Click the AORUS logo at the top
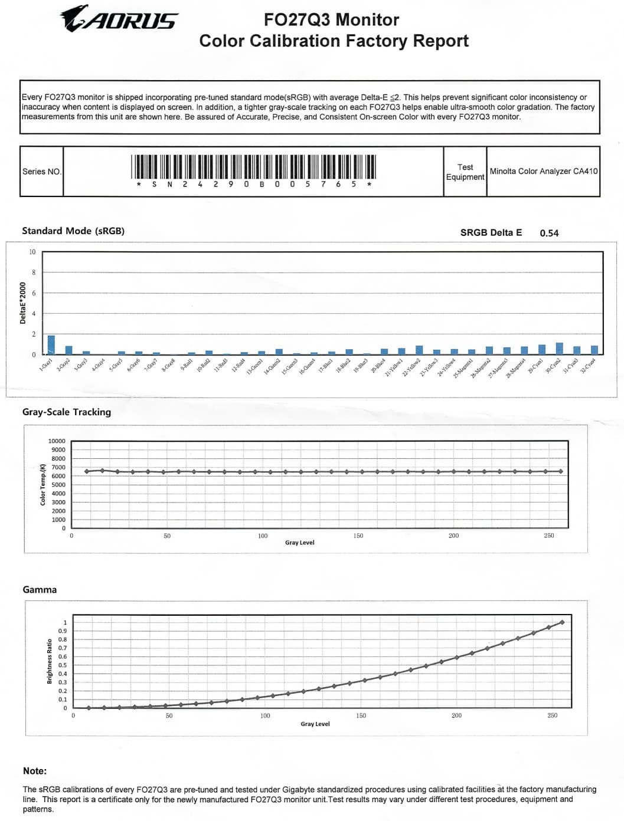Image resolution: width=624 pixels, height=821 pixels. click(x=119, y=19)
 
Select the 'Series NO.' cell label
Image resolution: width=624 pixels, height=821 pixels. click(x=41, y=172)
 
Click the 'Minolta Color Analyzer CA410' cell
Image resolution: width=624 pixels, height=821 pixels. click(x=543, y=171)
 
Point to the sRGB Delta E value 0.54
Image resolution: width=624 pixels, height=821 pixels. click(x=549, y=233)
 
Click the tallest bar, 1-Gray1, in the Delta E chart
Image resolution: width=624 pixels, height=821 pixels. click(x=51, y=345)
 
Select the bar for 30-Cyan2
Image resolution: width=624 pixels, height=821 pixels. click(x=559, y=349)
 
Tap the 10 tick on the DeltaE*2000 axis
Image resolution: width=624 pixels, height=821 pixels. click(x=32, y=252)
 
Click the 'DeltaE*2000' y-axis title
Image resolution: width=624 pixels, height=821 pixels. click(x=23, y=303)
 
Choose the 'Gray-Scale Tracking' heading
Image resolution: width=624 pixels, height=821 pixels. click(x=67, y=412)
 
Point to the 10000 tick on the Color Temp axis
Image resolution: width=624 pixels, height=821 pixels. click(x=57, y=441)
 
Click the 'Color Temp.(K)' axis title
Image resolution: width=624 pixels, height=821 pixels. click(x=43, y=484)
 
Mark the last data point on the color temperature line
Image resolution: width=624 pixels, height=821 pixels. click(x=561, y=471)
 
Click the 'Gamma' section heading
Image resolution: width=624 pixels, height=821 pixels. click(x=40, y=590)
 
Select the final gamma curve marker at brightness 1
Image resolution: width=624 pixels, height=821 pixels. click(x=562, y=622)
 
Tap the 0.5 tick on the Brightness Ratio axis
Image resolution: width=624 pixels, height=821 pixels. click(x=63, y=665)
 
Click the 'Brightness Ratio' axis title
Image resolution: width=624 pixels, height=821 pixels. click(x=50, y=661)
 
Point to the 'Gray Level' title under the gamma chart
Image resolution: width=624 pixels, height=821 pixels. click(x=315, y=724)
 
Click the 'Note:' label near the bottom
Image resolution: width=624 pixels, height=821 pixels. click(x=35, y=771)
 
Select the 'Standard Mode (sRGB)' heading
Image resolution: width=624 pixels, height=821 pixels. click(x=73, y=231)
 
